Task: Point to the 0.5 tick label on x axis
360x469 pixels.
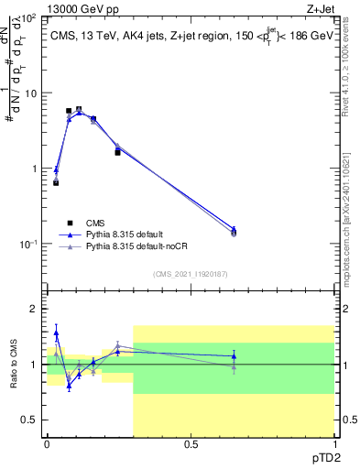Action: pyautogui.click(x=191, y=443)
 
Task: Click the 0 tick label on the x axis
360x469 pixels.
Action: pyautogui.click(x=47, y=443)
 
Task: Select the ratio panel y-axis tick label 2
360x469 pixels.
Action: pyautogui.click(x=35, y=309)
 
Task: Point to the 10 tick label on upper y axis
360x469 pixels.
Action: pyautogui.click(x=29, y=93)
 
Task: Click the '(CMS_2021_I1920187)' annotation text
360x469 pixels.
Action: pyautogui.click(x=190, y=273)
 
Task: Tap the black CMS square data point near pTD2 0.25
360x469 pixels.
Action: pyautogui.click(x=117, y=152)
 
